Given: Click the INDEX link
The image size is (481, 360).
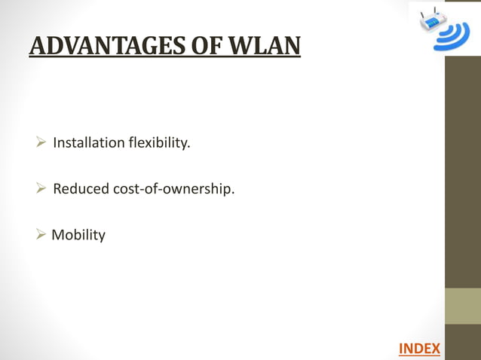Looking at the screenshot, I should click(419, 348).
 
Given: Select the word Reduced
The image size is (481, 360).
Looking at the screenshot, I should click(81, 188).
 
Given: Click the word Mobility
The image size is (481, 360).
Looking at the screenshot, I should click(78, 235).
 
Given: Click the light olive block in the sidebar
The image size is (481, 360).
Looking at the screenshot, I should click(463, 306).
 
